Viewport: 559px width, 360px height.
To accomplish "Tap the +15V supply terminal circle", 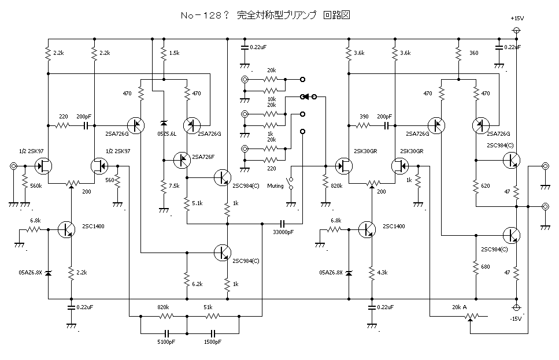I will (x=516, y=30).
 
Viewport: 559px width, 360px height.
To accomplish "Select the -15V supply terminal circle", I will (x=516, y=307).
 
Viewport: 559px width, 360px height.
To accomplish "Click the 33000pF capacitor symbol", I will (x=282, y=223).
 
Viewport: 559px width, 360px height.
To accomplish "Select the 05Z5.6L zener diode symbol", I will (x=164, y=124).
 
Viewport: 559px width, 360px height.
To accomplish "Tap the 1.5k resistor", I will (x=164, y=54).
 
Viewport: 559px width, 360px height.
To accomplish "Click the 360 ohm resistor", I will (x=458, y=54).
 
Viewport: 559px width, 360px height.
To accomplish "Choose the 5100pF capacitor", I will (x=166, y=334).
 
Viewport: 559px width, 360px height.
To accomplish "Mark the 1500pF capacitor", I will (x=213, y=334).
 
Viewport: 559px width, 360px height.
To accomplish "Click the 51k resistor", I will (x=213, y=316).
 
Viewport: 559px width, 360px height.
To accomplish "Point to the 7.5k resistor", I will (x=164, y=186).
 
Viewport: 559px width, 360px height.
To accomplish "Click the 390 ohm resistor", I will (x=364, y=124).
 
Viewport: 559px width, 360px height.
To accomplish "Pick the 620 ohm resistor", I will (x=475, y=186).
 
